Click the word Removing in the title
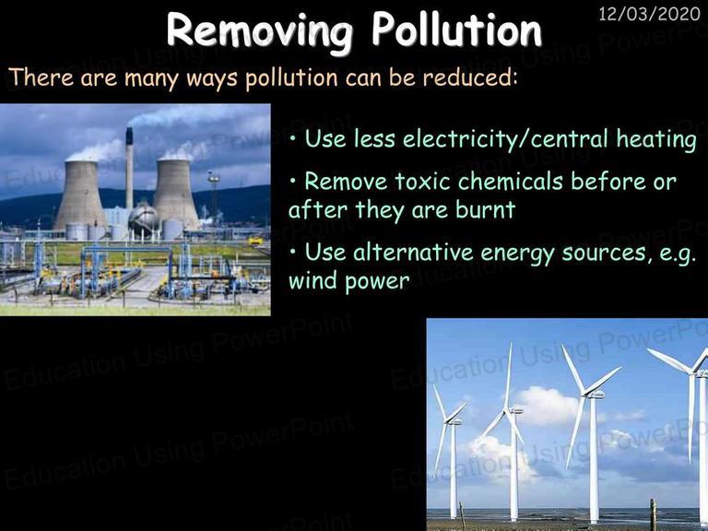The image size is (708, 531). (260, 30)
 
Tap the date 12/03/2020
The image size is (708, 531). (649, 15)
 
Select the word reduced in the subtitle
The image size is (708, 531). (469, 77)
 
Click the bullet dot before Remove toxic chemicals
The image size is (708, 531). (293, 181)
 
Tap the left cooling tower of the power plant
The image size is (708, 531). (80, 194)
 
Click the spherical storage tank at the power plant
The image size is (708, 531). (143, 218)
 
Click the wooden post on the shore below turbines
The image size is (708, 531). (653, 514)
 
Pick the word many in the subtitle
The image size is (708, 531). (152, 78)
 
